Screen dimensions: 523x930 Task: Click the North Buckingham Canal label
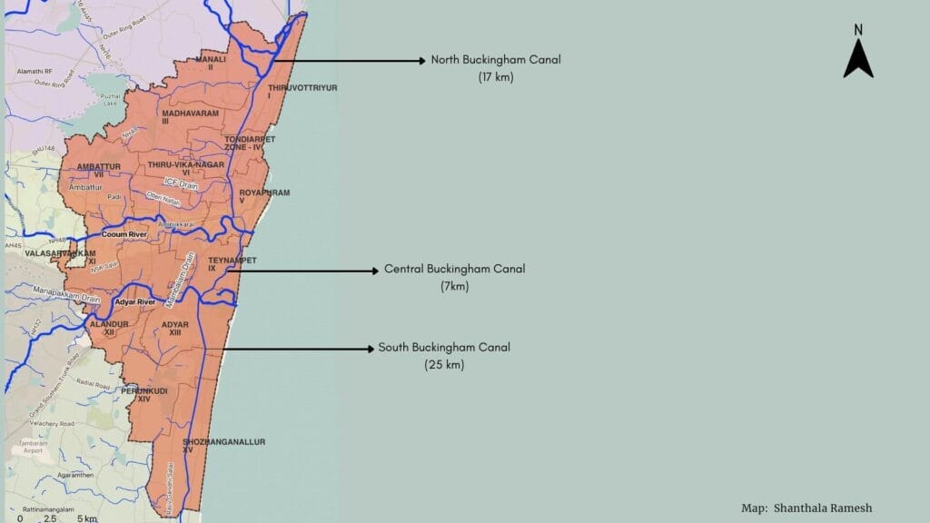point(496,60)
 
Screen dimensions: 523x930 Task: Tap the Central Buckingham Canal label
point(454,270)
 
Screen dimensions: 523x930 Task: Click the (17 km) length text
point(496,77)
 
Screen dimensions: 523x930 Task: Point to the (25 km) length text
point(444,365)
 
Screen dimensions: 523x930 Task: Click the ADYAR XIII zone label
point(174,328)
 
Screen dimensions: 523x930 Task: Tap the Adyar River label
point(134,301)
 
